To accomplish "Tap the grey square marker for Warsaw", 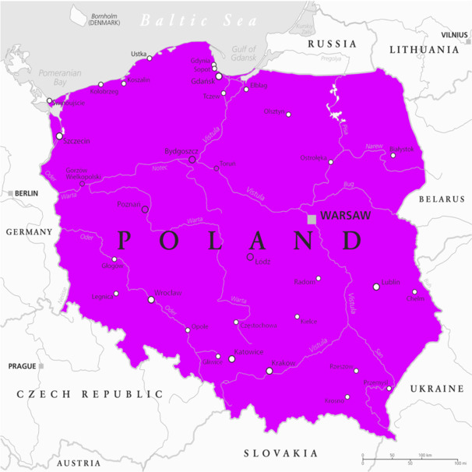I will pyautogui.click(x=312, y=219).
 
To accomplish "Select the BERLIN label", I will pyautogui.click(x=26, y=192).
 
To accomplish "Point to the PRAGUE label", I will pyautogui.click(x=22, y=365).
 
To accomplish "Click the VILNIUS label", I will pyautogui.click(x=454, y=35).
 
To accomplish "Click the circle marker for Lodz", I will pyautogui.click(x=250, y=257).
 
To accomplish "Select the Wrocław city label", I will pyautogui.click(x=168, y=292).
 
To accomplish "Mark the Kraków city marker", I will pyautogui.click(x=269, y=371).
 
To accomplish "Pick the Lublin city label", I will pyautogui.click(x=390, y=283).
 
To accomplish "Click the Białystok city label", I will pyautogui.click(x=402, y=148).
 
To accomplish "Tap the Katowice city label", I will pyautogui.click(x=248, y=352).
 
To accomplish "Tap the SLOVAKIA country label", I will pyautogui.click(x=280, y=453).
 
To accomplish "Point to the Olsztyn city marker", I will pyautogui.click(x=288, y=114).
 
